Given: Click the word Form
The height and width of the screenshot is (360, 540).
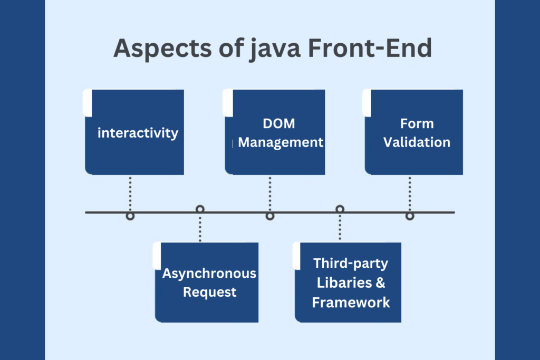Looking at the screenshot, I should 417,124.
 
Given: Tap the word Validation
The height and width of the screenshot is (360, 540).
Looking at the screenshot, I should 417,142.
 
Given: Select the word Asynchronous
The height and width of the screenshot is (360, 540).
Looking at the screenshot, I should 209,274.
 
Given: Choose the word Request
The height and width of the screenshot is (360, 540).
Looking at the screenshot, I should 209,292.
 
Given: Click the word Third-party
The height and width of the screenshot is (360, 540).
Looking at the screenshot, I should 350,264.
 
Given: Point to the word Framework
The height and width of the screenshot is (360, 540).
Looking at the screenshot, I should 351,302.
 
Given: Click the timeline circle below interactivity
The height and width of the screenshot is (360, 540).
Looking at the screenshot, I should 130,216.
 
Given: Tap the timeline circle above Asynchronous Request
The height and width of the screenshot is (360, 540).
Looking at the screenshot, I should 200,209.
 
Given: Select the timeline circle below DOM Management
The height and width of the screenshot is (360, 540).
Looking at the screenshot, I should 270,216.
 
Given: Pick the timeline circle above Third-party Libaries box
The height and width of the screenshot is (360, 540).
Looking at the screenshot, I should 340,209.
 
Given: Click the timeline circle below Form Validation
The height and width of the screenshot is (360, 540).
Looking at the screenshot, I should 410,216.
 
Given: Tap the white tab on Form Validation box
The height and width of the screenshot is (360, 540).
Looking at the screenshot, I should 367,103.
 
